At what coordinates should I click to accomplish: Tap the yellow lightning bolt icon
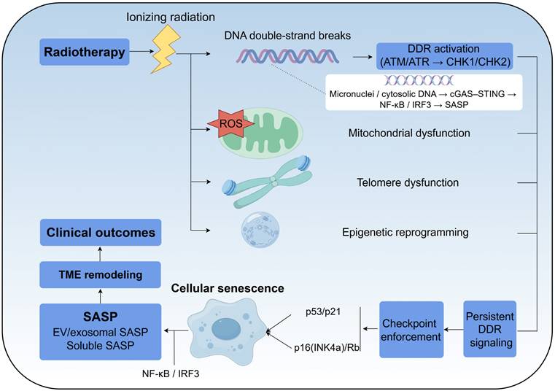(165, 53)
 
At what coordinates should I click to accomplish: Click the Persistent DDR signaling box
(490, 328)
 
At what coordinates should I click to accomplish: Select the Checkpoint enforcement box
(411, 329)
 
